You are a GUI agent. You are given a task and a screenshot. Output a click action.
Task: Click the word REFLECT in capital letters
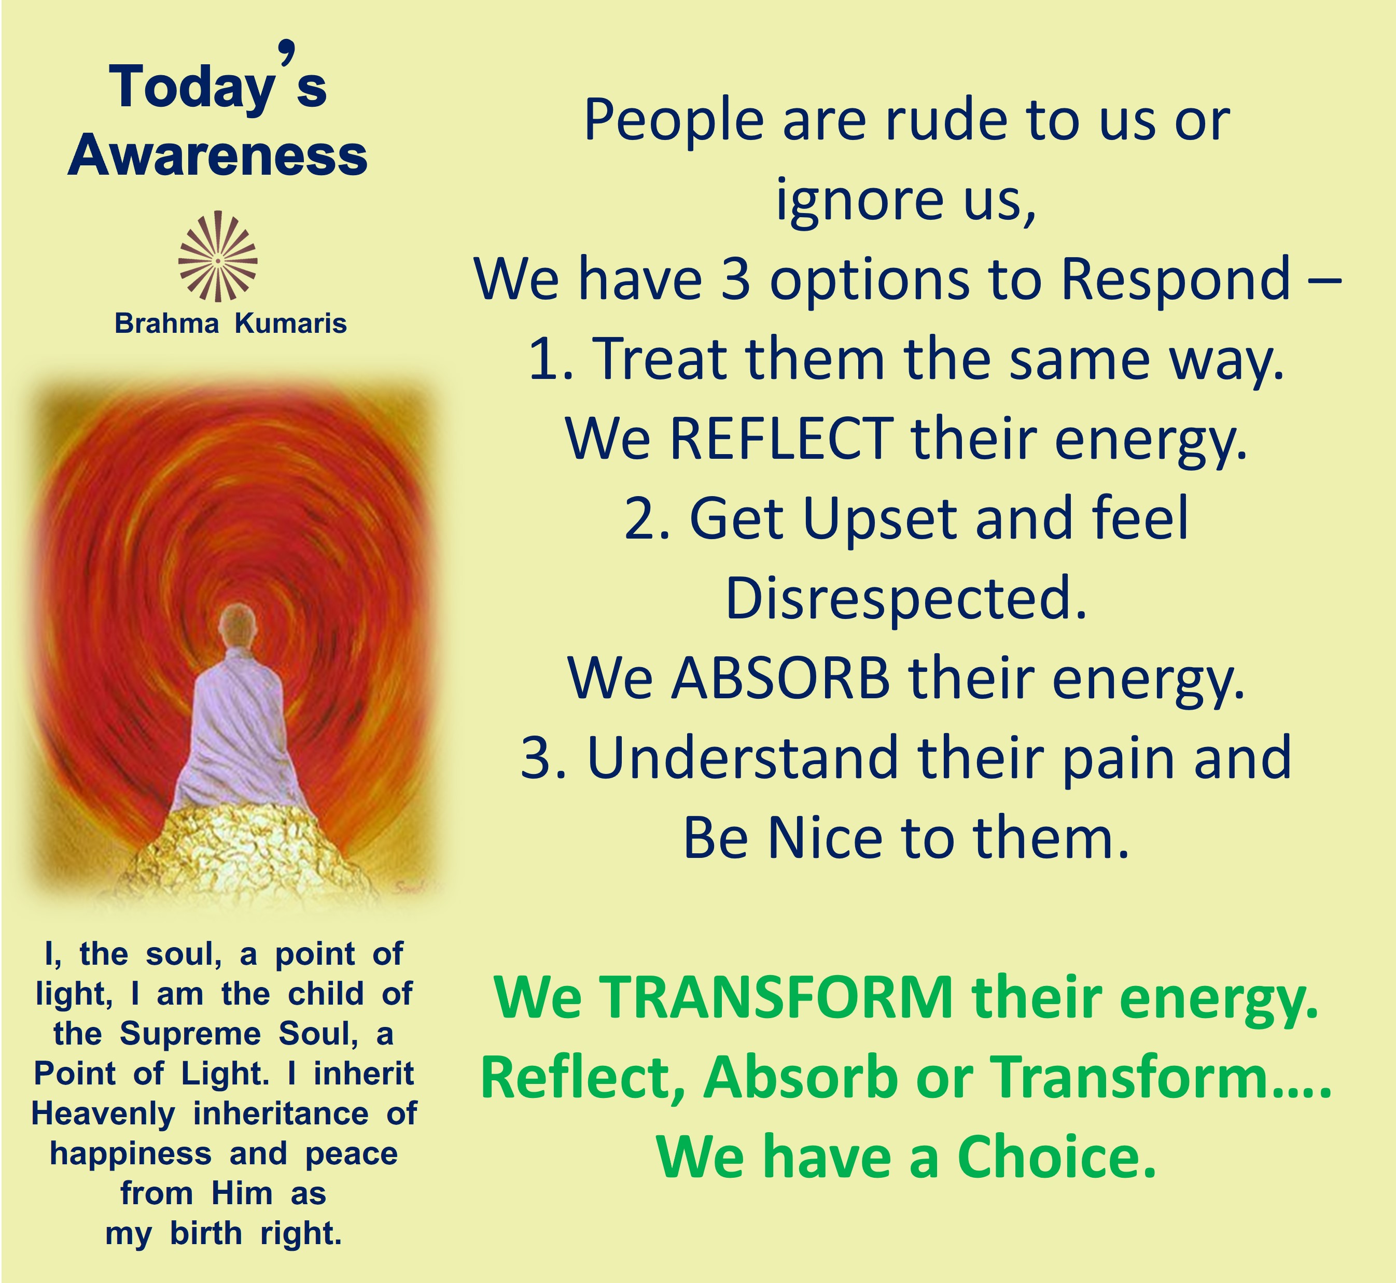click(x=780, y=439)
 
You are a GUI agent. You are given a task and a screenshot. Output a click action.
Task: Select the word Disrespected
click(x=905, y=598)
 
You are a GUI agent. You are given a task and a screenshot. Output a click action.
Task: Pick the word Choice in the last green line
click(x=1056, y=1158)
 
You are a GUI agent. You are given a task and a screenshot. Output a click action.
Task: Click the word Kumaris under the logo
click(x=290, y=323)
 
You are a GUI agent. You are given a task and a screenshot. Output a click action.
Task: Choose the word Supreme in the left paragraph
click(x=190, y=1035)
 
